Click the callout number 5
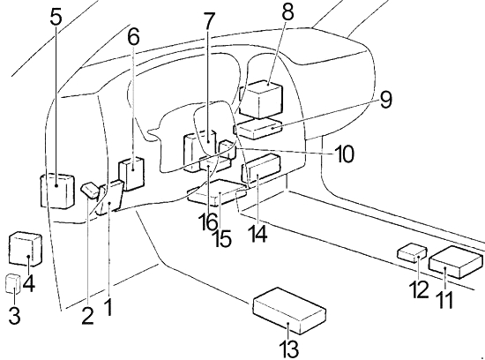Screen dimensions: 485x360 pos(56,17)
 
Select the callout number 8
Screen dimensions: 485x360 pos(287,12)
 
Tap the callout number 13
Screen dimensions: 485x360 pos(289,349)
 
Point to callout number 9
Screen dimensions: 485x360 pos(385,100)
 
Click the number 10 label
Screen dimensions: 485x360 pos(344,154)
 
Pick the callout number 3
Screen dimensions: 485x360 pos(14,316)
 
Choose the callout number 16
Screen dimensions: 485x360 pos(208,221)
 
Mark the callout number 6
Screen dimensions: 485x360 pos(134,37)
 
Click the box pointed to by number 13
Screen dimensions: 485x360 pos(289,311)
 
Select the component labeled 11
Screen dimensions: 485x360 pos(456,262)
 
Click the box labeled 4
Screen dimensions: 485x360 pos(26,249)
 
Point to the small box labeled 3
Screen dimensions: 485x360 pos(13,283)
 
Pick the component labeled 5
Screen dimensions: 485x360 pos(57,191)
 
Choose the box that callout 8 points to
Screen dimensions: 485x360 pos(261,100)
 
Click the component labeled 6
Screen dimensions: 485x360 pos(131,174)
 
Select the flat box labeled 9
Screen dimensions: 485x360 pos(259,129)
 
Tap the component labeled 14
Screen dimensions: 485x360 pos(261,169)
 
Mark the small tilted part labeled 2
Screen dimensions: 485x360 pos(90,190)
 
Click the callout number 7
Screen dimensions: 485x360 pos(209,21)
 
